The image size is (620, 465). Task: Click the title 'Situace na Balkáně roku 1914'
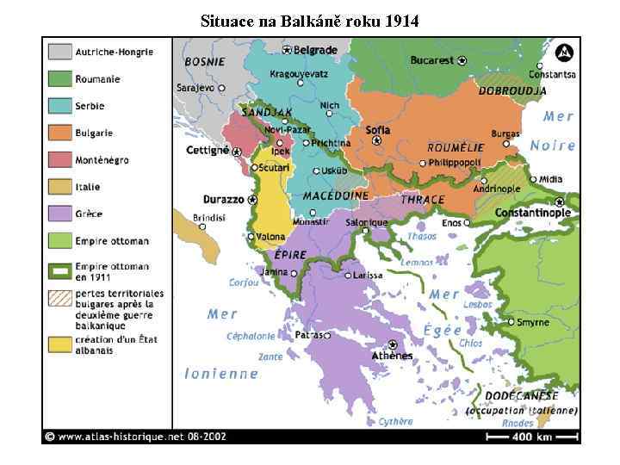click(x=309, y=21)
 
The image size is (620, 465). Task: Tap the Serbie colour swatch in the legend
click(x=59, y=106)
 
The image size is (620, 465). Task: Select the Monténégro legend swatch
click(x=59, y=159)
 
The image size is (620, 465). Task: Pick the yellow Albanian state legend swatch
click(x=59, y=344)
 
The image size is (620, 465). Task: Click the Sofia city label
click(x=377, y=130)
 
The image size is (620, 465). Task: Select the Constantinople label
click(x=533, y=213)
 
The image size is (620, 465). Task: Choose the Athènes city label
click(x=393, y=356)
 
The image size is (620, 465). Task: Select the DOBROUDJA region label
click(x=512, y=90)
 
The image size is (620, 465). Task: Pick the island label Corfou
click(x=244, y=282)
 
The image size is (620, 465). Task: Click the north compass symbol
click(x=563, y=53)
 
